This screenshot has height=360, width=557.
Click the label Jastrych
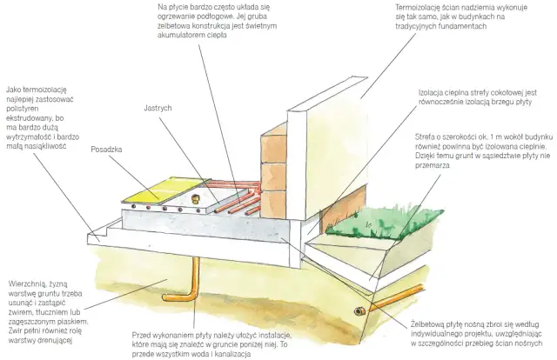click(x=158, y=108)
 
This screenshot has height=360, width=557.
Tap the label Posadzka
click(x=106, y=150)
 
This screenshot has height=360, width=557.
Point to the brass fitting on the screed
click(x=194, y=198)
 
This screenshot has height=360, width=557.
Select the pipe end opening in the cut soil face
click(x=359, y=311)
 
